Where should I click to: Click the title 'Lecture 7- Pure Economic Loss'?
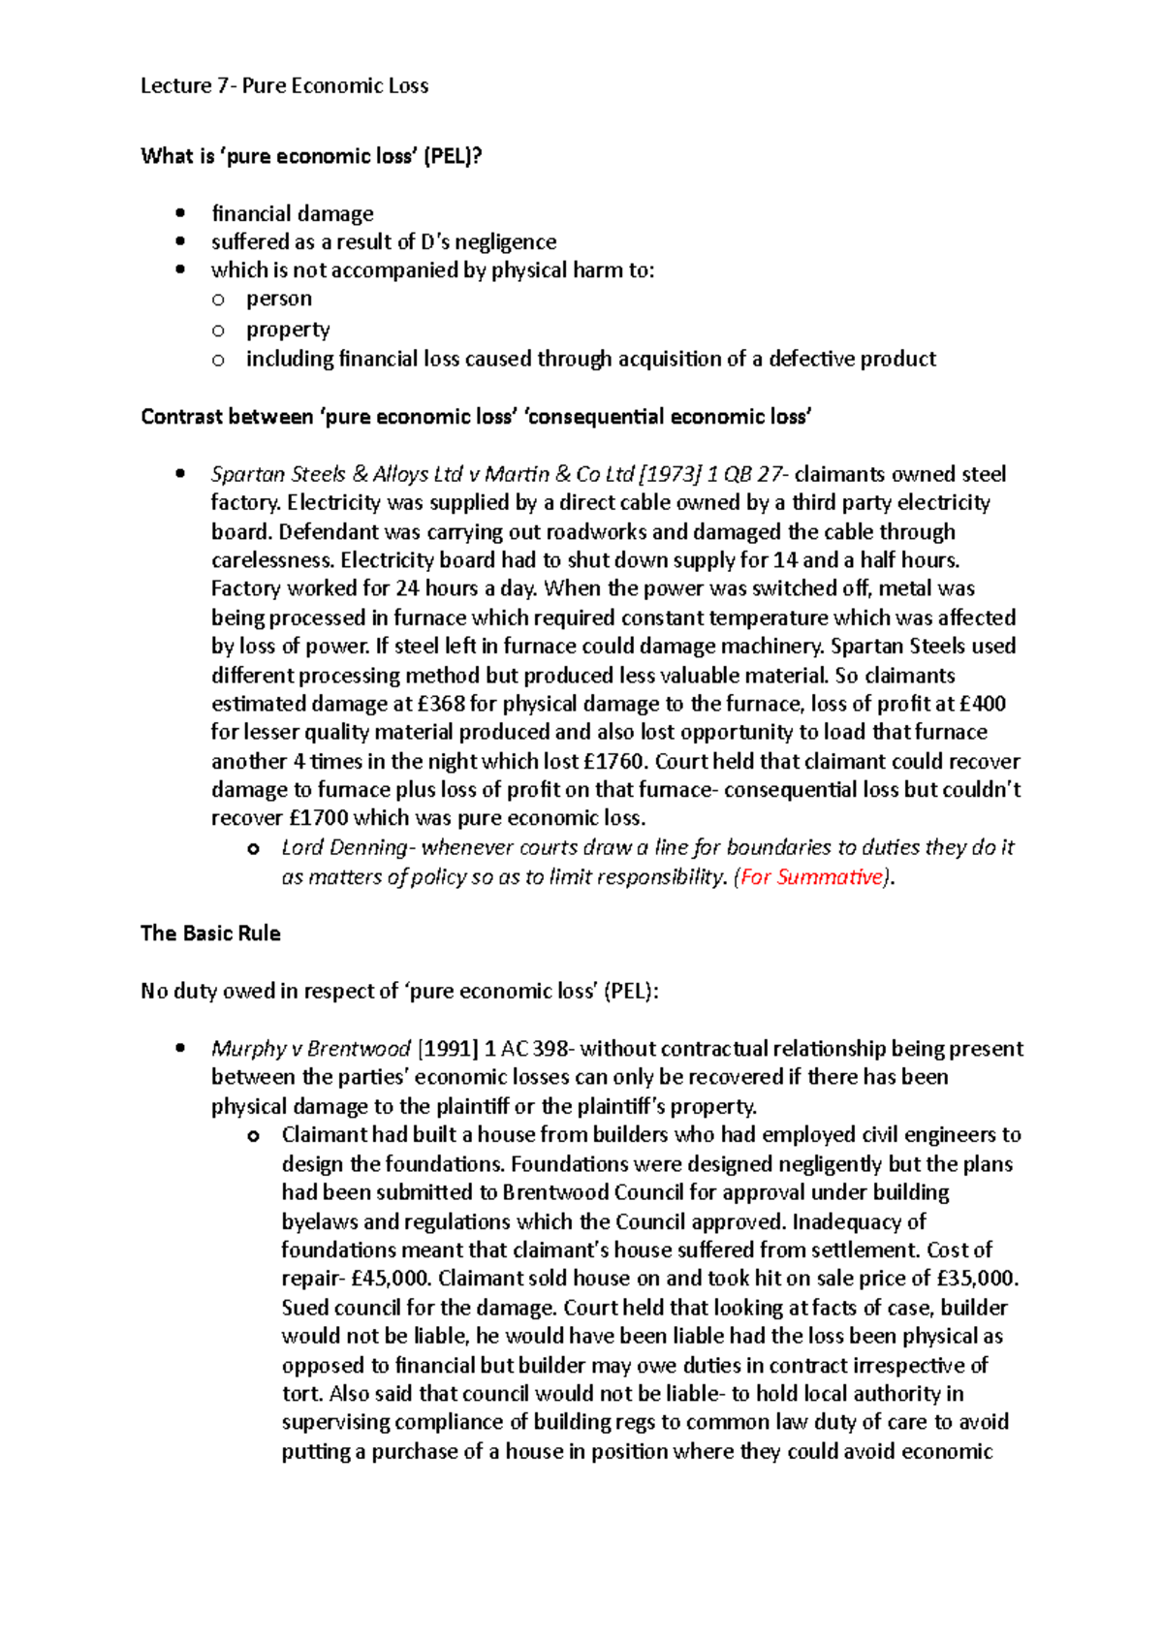click(284, 85)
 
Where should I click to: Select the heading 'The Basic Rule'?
click(210, 934)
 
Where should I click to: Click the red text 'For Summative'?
click(812, 876)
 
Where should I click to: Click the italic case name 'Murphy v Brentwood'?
click(310, 1049)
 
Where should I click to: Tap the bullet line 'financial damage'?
click(292, 213)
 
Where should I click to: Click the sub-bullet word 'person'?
click(279, 299)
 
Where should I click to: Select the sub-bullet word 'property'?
click(288, 330)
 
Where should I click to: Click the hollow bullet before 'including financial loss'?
click(218, 360)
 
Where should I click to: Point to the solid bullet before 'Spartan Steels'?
click(180, 474)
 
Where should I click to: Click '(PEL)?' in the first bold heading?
click(452, 156)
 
